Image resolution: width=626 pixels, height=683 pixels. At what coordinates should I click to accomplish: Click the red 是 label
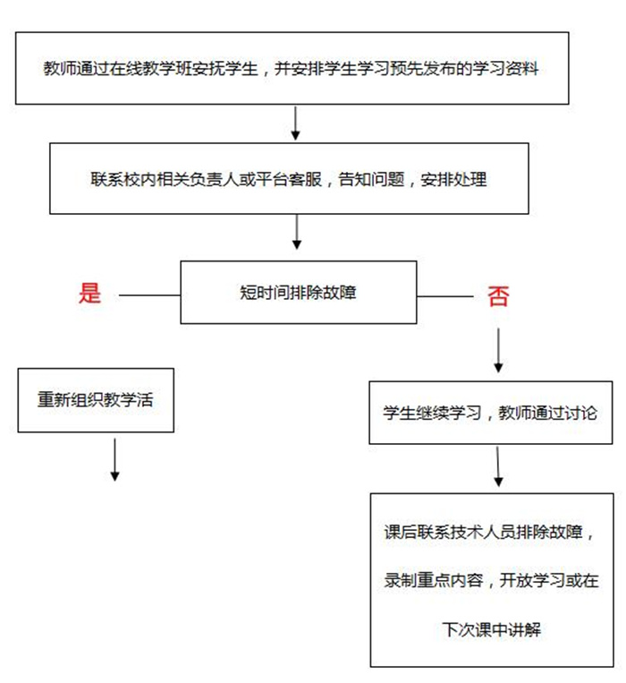tap(90, 293)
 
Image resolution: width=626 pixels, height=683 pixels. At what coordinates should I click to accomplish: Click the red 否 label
tap(498, 296)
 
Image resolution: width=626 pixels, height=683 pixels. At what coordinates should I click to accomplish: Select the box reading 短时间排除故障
tap(298, 292)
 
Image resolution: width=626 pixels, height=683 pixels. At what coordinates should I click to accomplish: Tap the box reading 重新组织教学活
tap(95, 400)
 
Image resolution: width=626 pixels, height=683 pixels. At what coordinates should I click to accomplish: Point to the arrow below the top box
tap(297, 123)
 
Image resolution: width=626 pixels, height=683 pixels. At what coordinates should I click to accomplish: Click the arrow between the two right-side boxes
tap(498, 466)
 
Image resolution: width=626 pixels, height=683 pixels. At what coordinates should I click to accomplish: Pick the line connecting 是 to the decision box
tap(149, 294)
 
